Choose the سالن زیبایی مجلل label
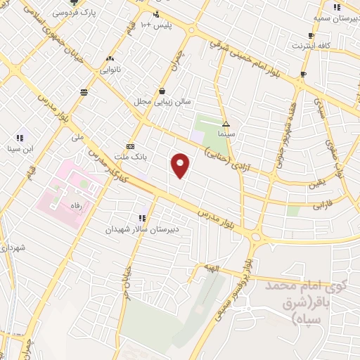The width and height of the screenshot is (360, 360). pyautogui.click(x=163, y=101)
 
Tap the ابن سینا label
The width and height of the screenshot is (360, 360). pyautogui.click(x=20, y=148)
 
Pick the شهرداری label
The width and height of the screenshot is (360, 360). pyautogui.click(x=14, y=248)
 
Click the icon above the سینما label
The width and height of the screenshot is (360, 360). pyautogui.click(x=226, y=123)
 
